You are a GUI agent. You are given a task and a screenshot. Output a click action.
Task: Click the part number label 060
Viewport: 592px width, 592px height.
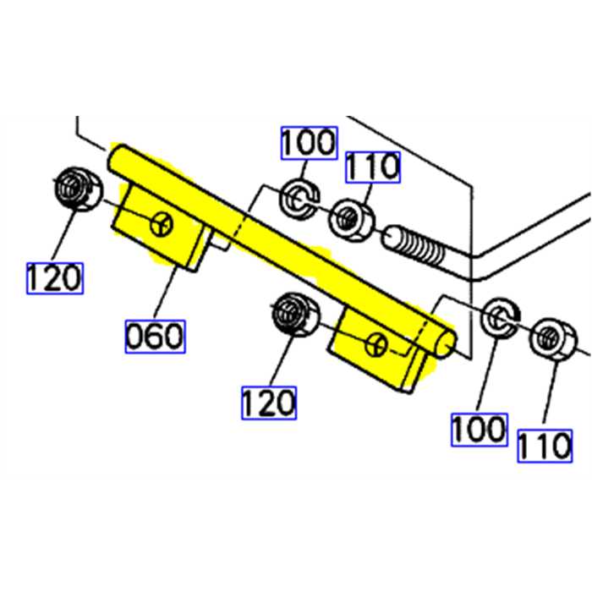[x=155, y=336]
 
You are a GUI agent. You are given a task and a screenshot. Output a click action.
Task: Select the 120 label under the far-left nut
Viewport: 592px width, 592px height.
[x=55, y=277]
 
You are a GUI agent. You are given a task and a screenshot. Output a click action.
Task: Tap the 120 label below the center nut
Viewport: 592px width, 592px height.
[x=270, y=403]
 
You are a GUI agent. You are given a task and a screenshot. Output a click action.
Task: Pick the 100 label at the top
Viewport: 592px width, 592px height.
[x=309, y=143]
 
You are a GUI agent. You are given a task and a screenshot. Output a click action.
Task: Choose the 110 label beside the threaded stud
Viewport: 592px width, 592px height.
[x=371, y=167]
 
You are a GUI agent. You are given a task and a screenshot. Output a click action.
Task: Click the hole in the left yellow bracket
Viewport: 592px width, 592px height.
[x=161, y=225]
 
